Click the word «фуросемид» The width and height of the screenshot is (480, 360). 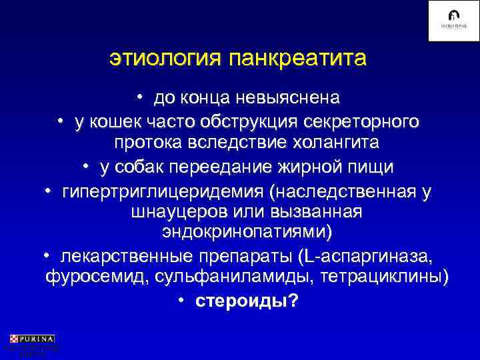click(x=87, y=277)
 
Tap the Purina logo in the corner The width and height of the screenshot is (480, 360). click(x=32, y=339)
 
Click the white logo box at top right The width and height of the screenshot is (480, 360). click(x=453, y=21)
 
